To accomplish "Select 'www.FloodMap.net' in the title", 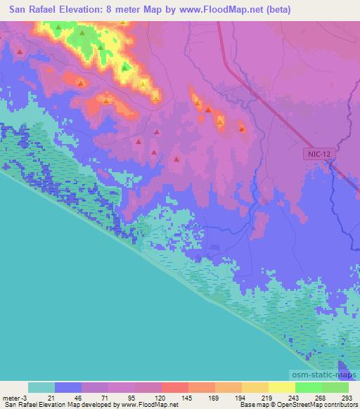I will point(214,10).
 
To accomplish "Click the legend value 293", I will point(347,397).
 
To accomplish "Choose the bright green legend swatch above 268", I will point(309,387).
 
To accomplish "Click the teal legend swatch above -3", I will point(41,387).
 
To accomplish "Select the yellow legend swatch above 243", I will point(282,387).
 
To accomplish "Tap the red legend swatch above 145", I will point(174,387).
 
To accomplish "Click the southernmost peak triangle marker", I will point(176,160).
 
